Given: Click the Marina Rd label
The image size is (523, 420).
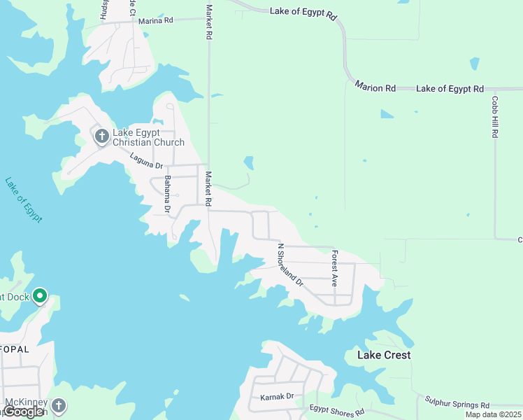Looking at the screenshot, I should [155, 21].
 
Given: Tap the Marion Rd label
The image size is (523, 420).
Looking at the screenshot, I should [375, 88].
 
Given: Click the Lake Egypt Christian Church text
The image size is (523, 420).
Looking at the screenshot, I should [148, 137].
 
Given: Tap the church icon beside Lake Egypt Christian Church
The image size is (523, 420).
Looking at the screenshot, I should [101, 136].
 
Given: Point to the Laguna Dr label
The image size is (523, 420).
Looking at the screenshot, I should [146, 160].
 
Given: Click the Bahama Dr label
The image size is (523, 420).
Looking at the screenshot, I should [168, 194].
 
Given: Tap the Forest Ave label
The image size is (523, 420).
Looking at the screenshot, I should [335, 269].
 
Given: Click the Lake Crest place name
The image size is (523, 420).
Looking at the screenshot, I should [384, 355].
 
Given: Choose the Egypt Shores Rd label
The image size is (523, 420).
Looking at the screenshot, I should [338, 411].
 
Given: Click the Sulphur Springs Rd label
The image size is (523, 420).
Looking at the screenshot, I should [457, 403].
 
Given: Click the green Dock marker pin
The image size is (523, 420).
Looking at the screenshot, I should [40, 297].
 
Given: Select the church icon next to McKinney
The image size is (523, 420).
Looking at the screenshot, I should [59, 405].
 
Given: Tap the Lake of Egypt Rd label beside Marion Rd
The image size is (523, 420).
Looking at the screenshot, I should [450, 89].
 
